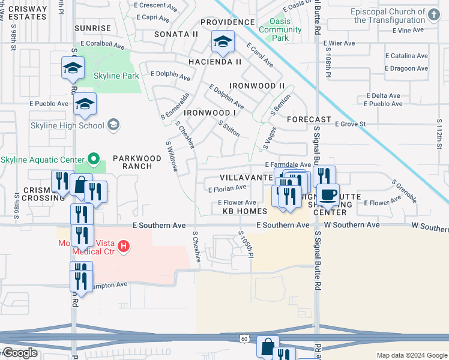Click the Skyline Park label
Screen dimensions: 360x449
116,76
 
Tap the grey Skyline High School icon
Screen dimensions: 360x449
113,125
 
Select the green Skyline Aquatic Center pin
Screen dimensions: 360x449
93,159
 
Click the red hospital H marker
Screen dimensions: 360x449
124,246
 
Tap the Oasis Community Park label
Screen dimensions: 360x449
279,29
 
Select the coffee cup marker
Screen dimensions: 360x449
328,194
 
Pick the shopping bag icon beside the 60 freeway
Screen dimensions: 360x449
268,346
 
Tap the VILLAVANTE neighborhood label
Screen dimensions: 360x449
246,178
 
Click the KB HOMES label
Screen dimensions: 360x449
244,212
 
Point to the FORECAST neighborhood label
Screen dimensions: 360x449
309,119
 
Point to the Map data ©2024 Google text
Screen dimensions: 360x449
411,355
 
